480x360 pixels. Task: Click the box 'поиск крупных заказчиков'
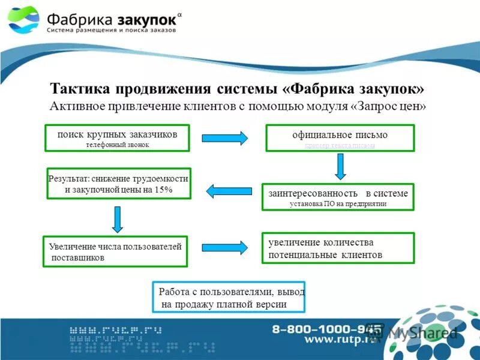coord(117,138)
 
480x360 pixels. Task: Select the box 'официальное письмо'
coord(340,138)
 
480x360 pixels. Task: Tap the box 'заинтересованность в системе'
coord(338,197)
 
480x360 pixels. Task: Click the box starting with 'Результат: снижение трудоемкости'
coord(118,184)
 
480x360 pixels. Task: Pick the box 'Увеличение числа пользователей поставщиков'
coord(115,251)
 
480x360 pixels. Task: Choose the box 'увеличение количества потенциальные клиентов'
coord(338,248)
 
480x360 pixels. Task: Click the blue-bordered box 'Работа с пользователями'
coord(229,298)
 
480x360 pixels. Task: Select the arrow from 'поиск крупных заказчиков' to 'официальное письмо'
coord(224,138)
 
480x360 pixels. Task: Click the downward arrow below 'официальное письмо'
coord(340,166)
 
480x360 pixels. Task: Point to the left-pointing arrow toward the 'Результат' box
coord(228,191)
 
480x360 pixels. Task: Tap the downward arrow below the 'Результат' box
coord(118,220)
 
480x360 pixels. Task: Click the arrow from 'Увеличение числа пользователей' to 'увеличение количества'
coord(224,247)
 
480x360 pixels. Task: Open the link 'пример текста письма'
coord(340,145)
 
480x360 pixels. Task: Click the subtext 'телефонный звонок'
coord(117,145)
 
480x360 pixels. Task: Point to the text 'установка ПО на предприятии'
coord(338,204)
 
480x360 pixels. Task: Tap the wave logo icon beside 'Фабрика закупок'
coord(25,20)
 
